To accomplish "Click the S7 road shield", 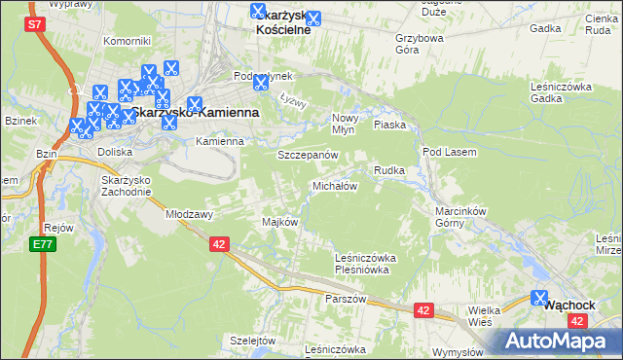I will pyautogui.click(x=35, y=25).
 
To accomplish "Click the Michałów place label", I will pyautogui.click(x=335, y=185).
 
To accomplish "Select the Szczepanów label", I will pyautogui.click(x=308, y=155).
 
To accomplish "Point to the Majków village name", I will pyautogui.click(x=279, y=222).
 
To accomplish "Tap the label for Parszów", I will pyautogui.click(x=346, y=299).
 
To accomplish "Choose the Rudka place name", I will pyautogui.click(x=389, y=170).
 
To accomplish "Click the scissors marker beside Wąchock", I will pyautogui.click(x=541, y=300).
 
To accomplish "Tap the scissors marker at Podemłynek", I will pyautogui.click(x=260, y=84).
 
